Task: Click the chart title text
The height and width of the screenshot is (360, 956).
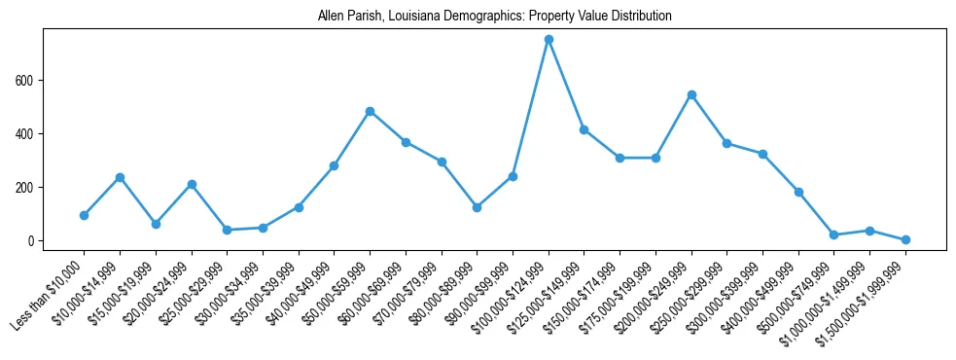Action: point(494,17)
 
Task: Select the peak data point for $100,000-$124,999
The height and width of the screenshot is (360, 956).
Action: point(549,39)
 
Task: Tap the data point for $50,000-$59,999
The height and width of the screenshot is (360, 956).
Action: point(370,111)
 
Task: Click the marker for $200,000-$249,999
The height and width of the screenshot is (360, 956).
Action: point(691,94)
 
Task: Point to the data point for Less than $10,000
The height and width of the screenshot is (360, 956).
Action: point(84,215)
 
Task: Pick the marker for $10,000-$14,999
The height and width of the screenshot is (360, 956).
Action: point(120,177)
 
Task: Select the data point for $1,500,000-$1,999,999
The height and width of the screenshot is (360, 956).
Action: point(905,239)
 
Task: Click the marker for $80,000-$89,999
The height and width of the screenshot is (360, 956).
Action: point(477,207)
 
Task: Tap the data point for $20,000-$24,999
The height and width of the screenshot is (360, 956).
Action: point(192,184)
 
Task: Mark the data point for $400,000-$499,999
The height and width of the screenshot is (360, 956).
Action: point(798,192)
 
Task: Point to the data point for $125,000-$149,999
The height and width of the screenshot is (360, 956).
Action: point(584,129)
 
